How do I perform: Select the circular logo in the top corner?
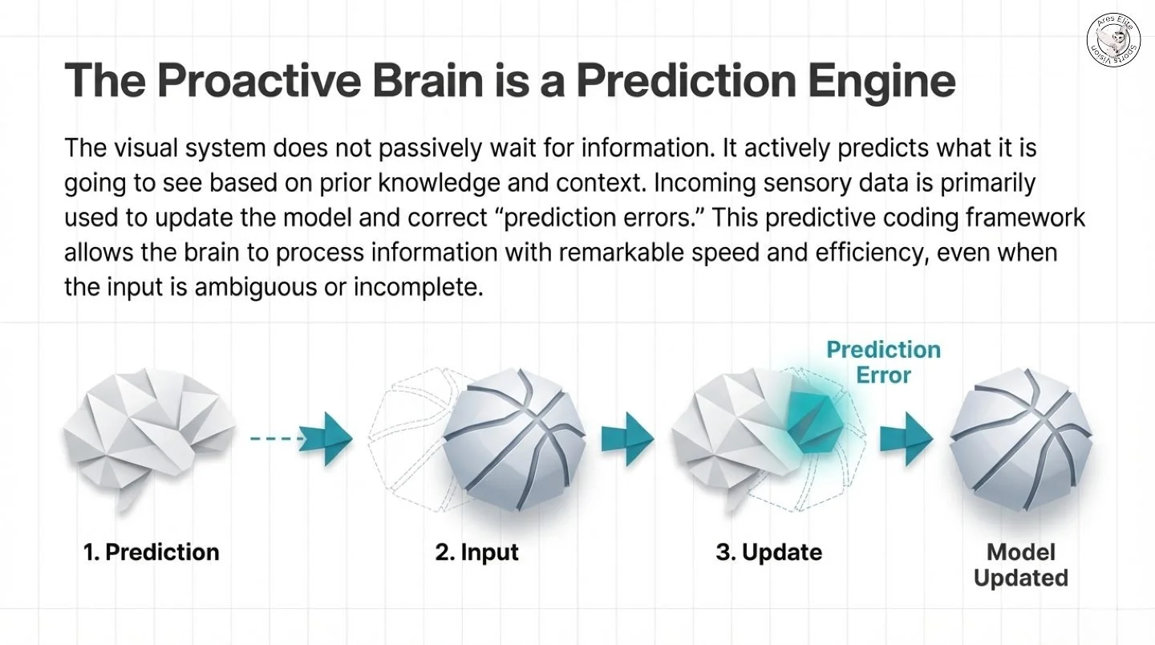pyautogui.click(x=1113, y=39)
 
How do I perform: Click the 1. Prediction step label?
pyautogui.click(x=152, y=552)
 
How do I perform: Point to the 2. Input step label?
pyautogui.click(x=477, y=552)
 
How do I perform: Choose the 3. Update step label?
pyautogui.click(x=768, y=552)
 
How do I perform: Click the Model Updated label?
pyautogui.click(x=1020, y=565)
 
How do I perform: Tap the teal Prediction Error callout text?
pyautogui.click(x=883, y=362)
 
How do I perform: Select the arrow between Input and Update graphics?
pyautogui.click(x=627, y=438)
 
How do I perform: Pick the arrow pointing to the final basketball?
pyautogui.click(x=906, y=438)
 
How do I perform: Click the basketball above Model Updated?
pyautogui.click(x=1020, y=437)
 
